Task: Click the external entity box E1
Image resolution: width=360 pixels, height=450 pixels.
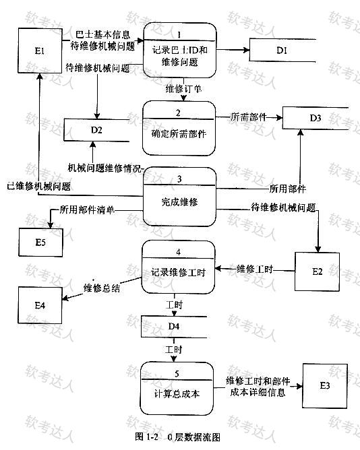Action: click(40, 51)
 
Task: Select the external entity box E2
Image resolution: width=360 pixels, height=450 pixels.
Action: click(317, 271)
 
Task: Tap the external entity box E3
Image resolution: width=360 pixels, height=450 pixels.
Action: click(325, 386)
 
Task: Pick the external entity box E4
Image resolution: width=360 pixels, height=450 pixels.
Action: click(40, 305)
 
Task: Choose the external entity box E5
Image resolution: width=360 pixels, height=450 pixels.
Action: click(40, 243)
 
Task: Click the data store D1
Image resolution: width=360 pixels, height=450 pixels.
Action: click(282, 51)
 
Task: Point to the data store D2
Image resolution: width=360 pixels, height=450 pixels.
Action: click(96, 130)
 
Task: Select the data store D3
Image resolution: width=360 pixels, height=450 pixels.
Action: click(316, 118)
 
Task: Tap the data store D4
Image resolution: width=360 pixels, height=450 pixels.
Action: click(174, 327)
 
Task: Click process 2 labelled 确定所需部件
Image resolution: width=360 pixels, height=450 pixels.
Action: click(179, 128)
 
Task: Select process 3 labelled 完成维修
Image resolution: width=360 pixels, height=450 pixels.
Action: click(179, 197)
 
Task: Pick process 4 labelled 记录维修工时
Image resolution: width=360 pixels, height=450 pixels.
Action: click(178, 267)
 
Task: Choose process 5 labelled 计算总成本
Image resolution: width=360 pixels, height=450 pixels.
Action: click(177, 388)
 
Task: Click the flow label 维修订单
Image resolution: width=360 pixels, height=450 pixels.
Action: click(183, 89)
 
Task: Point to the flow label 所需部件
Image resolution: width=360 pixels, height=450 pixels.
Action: click(249, 117)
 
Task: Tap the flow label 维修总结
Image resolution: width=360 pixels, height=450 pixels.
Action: click(102, 288)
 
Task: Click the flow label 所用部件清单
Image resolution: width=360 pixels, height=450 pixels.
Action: click(87, 210)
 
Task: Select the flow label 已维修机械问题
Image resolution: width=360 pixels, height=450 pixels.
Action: click(39, 187)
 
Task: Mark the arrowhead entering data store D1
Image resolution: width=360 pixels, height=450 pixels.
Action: click(246, 51)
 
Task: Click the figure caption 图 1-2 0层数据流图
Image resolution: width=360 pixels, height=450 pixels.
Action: click(177, 437)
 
